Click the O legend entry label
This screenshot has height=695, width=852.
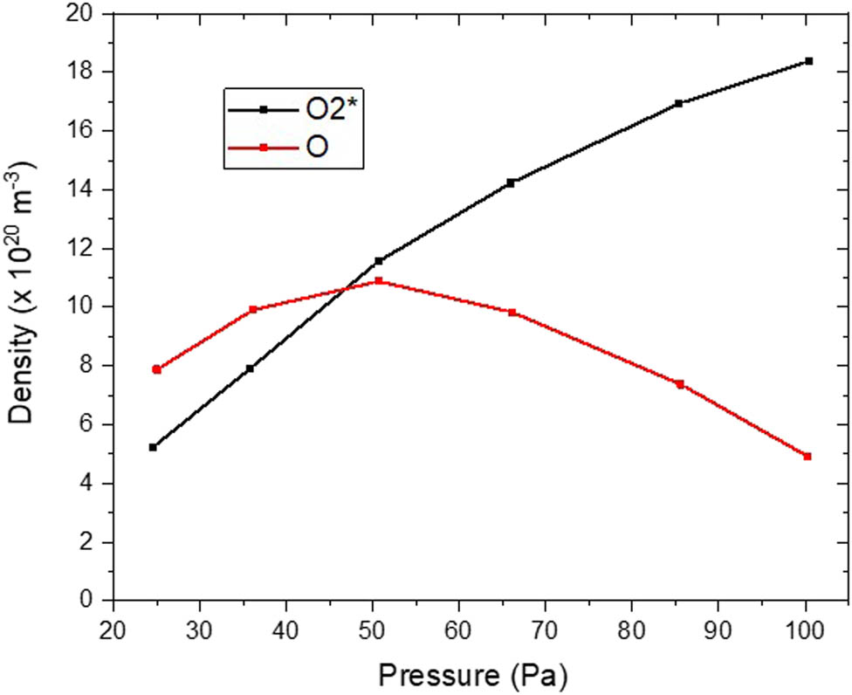(x=317, y=148)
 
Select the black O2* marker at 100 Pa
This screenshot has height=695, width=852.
(x=808, y=61)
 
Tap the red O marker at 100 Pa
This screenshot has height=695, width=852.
(x=807, y=456)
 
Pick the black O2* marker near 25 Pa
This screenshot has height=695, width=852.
(x=153, y=447)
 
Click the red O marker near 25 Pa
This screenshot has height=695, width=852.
(x=157, y=369)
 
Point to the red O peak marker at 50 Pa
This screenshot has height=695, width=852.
(x=379, y=281)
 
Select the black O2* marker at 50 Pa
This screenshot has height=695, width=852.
(x=379, y=261)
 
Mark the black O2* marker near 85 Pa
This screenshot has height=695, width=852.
(x=678, y=103)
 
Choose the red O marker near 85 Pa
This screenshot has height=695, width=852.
(x=679, y=384)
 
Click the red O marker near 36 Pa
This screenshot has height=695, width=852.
(x=253, y=310)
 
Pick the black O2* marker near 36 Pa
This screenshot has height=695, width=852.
(x=250, y=368)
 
